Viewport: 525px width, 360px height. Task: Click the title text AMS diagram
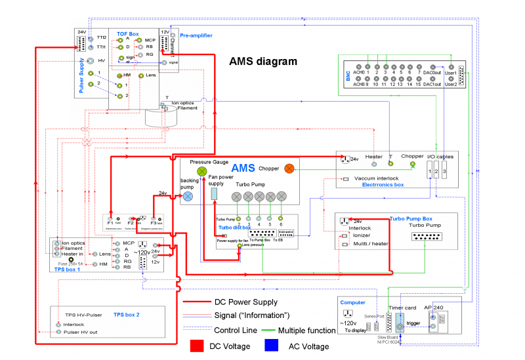(x=262, y=61)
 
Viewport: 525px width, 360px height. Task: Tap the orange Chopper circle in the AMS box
(x=289, y=169)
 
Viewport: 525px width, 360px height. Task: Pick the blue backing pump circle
(x=189, y=195)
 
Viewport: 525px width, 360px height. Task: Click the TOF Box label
(x=128, y=33)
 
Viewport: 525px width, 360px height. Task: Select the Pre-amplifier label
(x=196, y=35)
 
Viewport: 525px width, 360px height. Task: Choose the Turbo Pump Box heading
(x=411, y=218)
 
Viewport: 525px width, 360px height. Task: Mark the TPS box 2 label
(x=127, y=314)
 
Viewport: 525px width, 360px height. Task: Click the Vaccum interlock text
(x=377, y=178)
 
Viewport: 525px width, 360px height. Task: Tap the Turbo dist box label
(x=235, y=227)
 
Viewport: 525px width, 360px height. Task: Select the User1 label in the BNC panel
(x=451, y=73)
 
